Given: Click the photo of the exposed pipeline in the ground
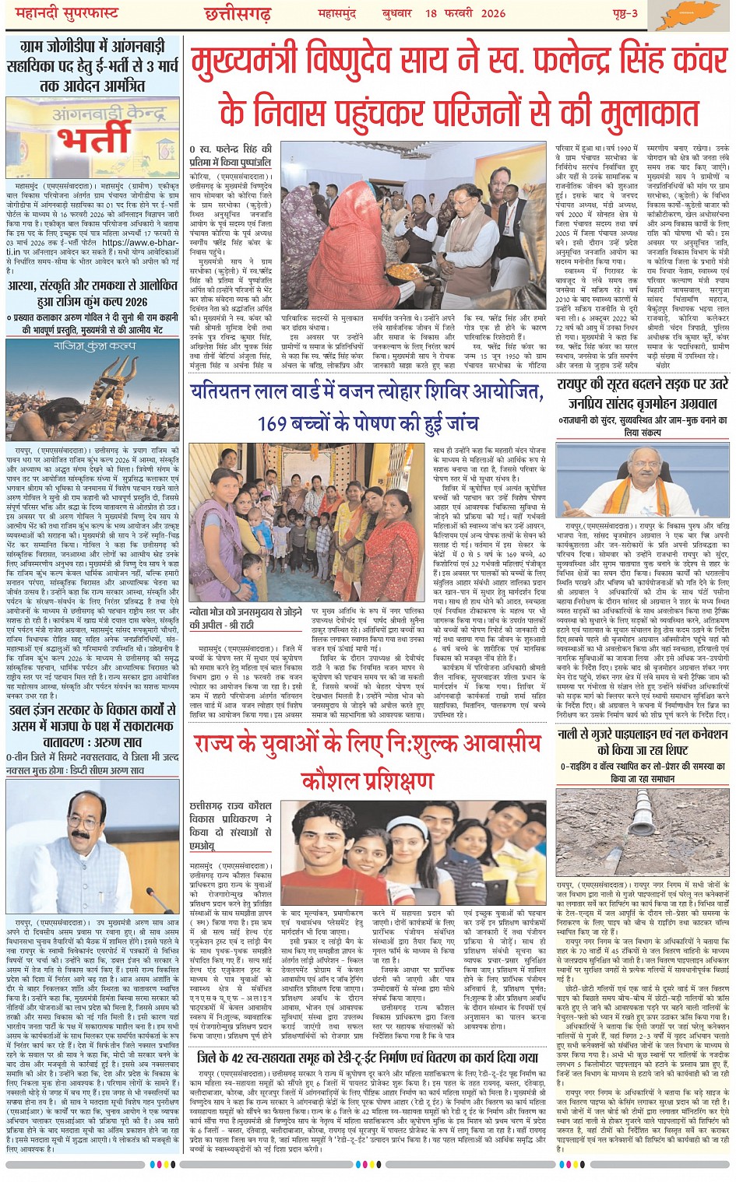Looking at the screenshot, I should pos(642,832).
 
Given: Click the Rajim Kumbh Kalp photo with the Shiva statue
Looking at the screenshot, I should pos(93,390).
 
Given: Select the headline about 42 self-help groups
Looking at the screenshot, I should pos(368,1057).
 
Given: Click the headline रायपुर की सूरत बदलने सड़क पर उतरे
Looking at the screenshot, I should pos(642,384).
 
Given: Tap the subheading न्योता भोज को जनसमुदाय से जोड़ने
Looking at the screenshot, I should pos(246,612).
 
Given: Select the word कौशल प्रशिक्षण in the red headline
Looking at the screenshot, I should pos(367,779).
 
